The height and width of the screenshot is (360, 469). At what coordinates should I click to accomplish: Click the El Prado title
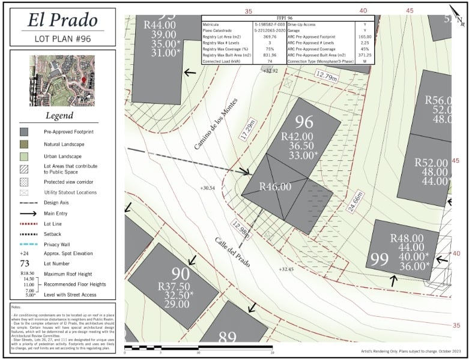(62, 20)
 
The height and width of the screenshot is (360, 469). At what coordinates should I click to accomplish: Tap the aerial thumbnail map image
(62, 80)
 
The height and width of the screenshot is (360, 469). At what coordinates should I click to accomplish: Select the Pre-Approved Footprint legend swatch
(24, 131)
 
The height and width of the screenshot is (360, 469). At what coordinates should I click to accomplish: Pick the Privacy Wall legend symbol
(24, 244)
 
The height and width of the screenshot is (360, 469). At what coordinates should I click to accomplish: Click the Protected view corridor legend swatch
(24, 181)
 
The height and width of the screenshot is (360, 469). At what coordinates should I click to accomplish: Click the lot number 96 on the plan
(304, 122)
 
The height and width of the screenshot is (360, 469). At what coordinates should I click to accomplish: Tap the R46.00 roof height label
(275, 187)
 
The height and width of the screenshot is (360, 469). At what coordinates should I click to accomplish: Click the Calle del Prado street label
(232, 252)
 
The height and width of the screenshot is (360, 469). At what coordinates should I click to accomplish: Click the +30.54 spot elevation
(207, 188)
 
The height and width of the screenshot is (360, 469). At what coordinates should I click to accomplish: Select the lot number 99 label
(379, 259)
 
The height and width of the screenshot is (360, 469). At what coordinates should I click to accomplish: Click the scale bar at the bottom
(198, 347)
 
